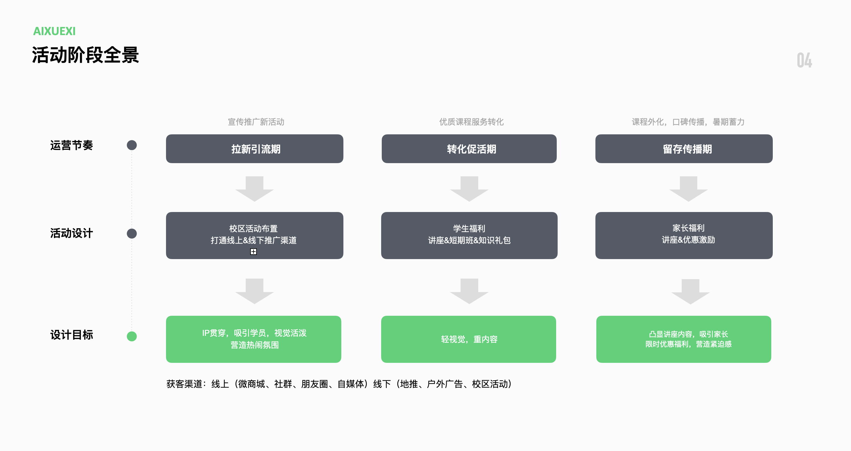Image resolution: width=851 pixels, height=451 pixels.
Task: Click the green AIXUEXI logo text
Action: [x=54, y=31]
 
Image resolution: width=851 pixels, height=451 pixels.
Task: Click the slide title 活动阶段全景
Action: [x=85, y=55]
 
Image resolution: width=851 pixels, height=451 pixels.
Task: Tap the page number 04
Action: [x=804, y=61]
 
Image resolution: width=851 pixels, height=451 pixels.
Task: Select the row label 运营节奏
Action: [x=71, y=145]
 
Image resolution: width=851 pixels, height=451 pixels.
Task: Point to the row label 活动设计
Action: [x=71, y=233]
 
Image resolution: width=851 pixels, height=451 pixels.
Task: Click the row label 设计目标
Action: [x=71, y=335]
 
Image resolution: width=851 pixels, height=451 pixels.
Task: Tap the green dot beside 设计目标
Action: [x=132, y=336]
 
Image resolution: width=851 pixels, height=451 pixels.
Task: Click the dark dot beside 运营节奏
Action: [x=132, y=145]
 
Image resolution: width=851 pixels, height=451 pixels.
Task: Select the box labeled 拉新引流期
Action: [x=254, y=149]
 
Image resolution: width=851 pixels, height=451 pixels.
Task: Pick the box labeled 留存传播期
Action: [x=684, y=149]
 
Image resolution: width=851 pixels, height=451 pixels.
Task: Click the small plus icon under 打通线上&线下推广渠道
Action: [x=254, y=252]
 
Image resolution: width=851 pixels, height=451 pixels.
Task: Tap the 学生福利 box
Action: [x=469, y=235]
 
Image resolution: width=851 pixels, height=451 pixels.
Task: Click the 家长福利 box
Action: [x=684, y=235]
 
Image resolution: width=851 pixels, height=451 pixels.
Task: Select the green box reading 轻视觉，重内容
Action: [x=468, y=339]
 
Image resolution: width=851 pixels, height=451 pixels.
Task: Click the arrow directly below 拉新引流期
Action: [x=254, y=189]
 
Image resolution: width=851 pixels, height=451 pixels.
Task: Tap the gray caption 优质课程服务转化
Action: [x=471, y=122]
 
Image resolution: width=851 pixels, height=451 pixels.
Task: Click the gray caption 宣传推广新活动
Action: [x=256, y=122]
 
